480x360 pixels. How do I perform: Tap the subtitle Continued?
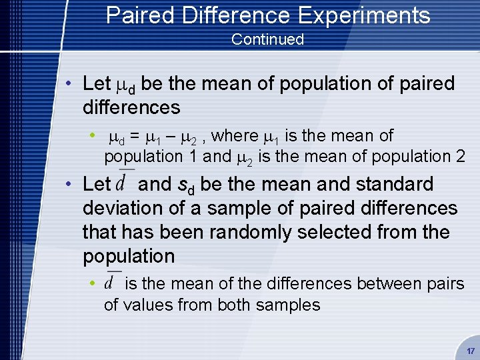pos(267,39)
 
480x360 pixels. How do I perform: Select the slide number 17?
pos(471,351)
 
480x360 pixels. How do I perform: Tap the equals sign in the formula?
pos(134,136)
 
